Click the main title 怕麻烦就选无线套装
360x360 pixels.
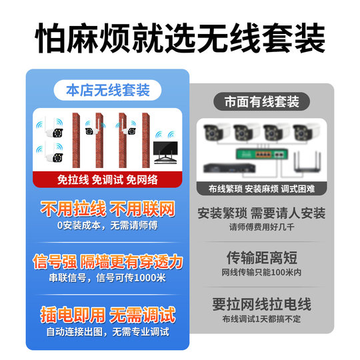180,38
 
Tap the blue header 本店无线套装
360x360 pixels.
107,89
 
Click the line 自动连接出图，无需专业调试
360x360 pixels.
107,332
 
